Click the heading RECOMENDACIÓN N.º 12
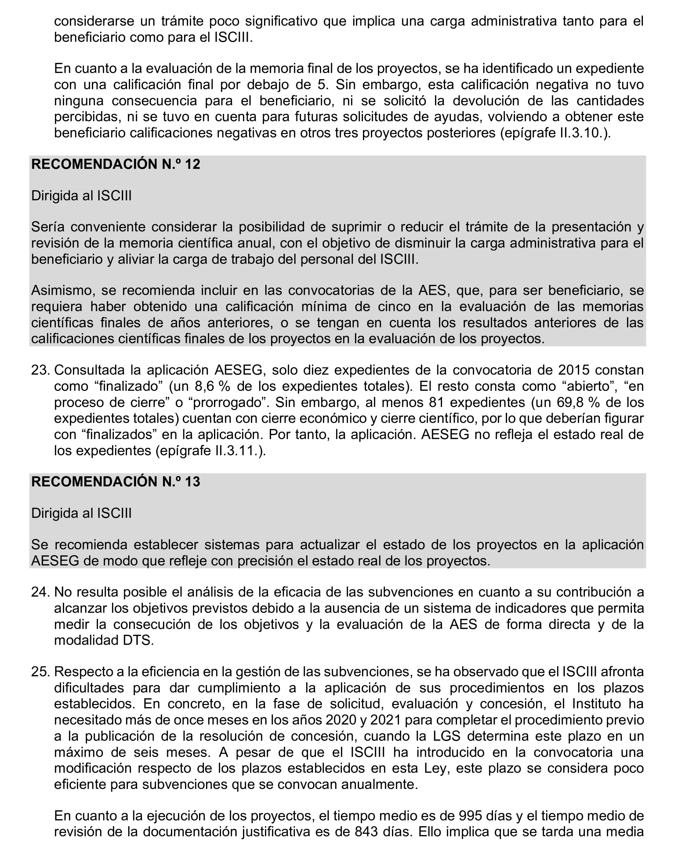tap(115, 164)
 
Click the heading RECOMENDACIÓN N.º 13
tap(115, 482)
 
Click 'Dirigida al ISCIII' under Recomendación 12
tap(81, 196)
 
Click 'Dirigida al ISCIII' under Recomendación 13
tap(81, 514)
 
